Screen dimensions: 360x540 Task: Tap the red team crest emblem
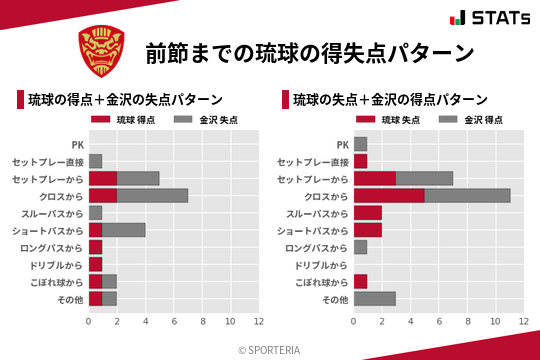[103, 51]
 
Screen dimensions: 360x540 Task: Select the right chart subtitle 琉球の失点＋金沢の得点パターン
[390, 100]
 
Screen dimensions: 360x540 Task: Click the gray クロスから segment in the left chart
[152, 195]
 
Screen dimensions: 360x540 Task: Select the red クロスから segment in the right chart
[389, 195]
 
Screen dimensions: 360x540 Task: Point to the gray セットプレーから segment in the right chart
[424, 178]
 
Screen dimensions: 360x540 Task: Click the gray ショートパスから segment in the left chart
[124, 230]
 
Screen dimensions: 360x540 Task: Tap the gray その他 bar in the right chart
[375, 299]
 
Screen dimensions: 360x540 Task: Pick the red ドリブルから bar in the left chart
[95, 264]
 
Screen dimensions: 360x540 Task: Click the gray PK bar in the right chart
[360, 144]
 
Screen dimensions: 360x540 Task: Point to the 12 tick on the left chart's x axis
[258, 322]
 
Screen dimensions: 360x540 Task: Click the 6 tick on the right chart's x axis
[439, 322]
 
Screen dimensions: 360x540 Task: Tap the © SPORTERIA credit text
[270, 349]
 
